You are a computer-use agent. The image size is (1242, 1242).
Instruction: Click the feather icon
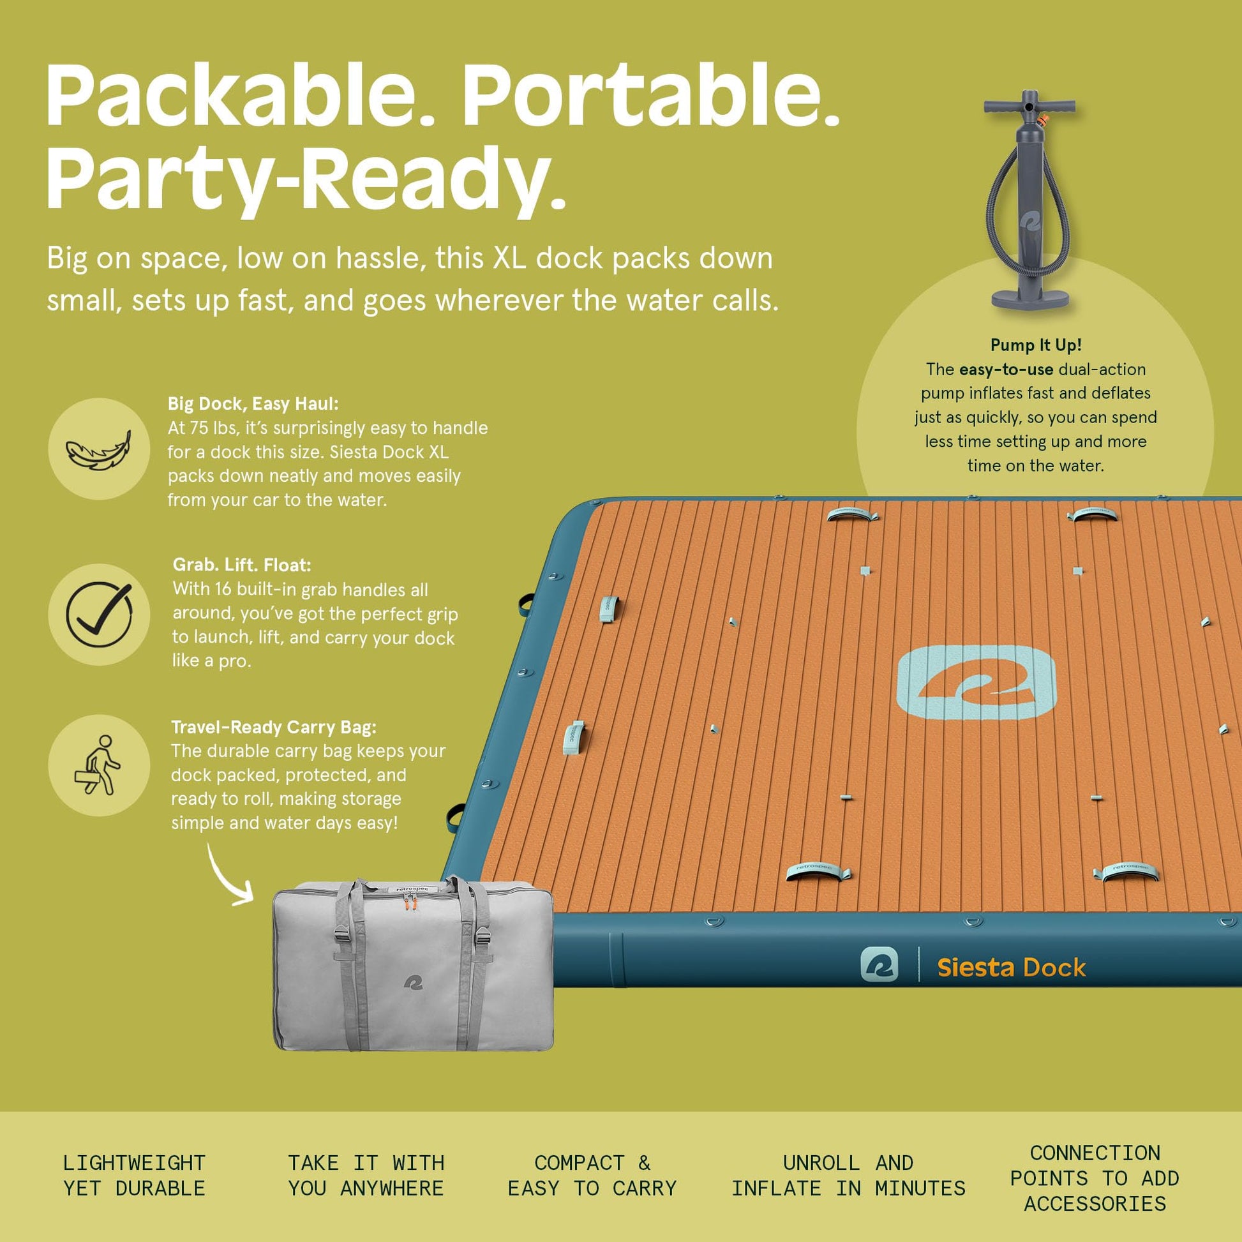coord(98,449)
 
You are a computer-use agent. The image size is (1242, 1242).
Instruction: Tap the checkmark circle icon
coord(99,614)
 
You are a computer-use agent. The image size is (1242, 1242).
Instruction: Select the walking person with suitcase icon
coord(98,765)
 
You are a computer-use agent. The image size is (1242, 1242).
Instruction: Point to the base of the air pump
coord(1031,297)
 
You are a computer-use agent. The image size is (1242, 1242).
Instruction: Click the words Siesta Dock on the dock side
coord(1011,968)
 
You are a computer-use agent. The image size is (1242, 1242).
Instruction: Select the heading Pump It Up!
coord(1036,345)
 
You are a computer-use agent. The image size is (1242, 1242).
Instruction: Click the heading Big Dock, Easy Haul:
coord(253,404)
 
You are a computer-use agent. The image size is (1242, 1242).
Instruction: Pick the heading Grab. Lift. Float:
coord(242,565)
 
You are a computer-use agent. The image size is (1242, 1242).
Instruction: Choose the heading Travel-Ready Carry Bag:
coord(273,727)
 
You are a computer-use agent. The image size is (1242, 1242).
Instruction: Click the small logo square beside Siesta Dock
coord(879,964)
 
